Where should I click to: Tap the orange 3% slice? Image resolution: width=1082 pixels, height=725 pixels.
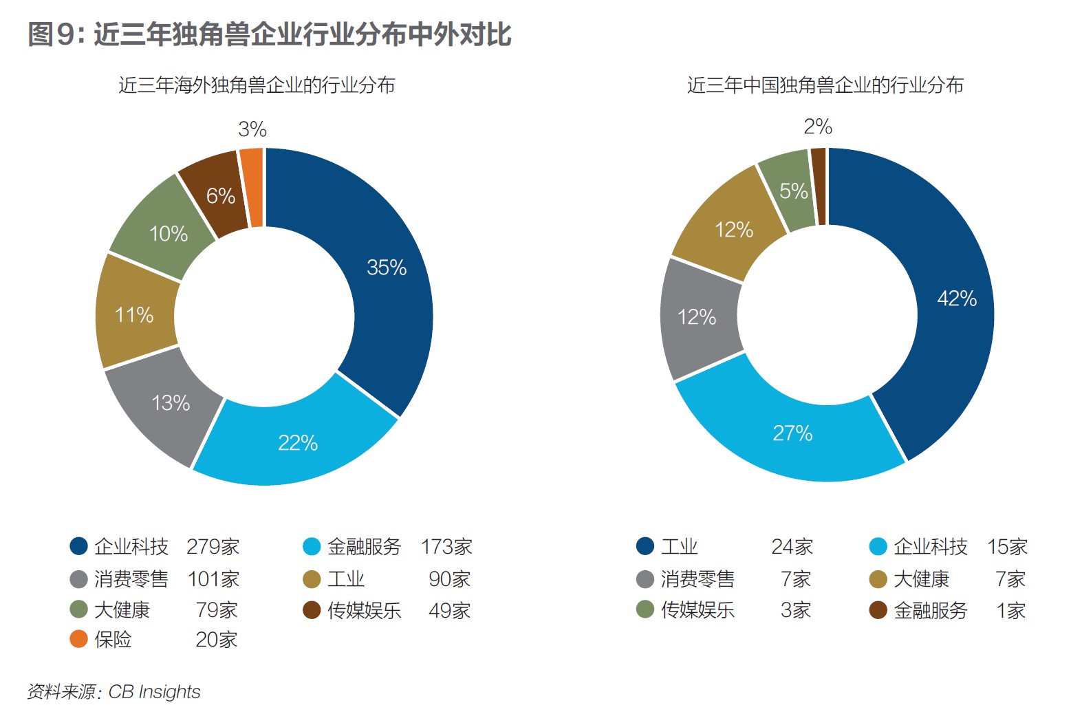click(252, 187)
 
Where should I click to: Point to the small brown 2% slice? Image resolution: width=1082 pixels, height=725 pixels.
click(818, 186)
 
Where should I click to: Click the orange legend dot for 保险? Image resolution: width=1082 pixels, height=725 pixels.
click(79, 639)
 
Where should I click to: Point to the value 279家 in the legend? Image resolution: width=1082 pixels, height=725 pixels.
click(213, 547)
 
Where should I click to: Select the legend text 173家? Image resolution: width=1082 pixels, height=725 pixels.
click(446, 547)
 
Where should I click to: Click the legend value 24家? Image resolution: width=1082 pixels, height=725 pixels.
click(792, 547)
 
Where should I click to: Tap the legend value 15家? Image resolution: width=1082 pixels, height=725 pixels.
click(1007, 547)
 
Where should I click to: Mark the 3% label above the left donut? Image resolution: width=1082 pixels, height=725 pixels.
click(252, 129)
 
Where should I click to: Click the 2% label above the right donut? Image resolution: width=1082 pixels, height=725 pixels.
click(818, 126)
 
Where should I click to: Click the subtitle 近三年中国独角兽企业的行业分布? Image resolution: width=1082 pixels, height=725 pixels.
click(825, 85)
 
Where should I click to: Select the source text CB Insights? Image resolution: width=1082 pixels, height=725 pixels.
click(154, 691)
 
